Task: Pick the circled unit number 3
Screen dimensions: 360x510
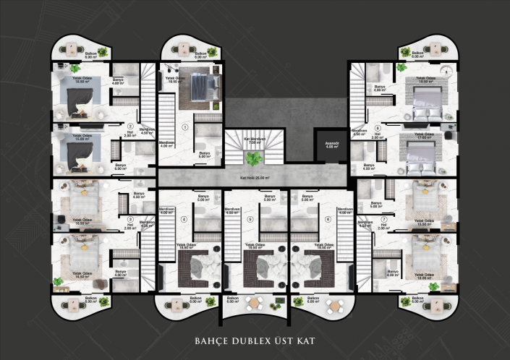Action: [x=131, y=220]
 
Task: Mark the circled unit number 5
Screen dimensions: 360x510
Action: [x=250, y=218]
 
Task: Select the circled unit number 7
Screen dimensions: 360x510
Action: [x=384, y=218]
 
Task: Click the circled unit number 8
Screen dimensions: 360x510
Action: [x=378, y=127]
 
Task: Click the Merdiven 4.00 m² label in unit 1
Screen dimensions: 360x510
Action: [x=166, y=145]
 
